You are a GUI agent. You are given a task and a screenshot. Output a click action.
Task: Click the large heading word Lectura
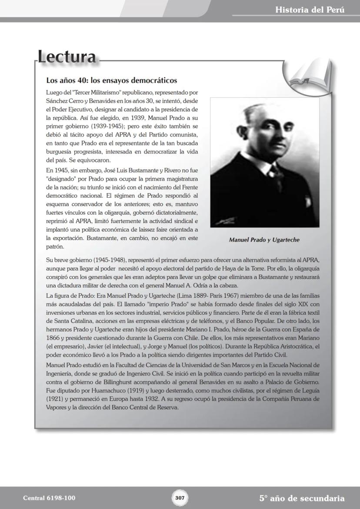[67, 57]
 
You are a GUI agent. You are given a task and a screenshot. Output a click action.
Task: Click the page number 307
[180, 498]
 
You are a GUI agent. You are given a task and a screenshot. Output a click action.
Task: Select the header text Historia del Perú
[310, 10]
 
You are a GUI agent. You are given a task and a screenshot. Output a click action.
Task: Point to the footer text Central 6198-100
[49, 498]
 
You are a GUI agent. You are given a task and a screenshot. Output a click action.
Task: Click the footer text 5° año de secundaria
[302, 498]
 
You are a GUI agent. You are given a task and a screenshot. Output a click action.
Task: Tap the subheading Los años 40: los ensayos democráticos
[111, 80]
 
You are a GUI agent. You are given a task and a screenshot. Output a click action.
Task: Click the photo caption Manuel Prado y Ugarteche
[264, 240]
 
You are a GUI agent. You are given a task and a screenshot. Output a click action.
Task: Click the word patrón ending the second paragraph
[55, 247]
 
